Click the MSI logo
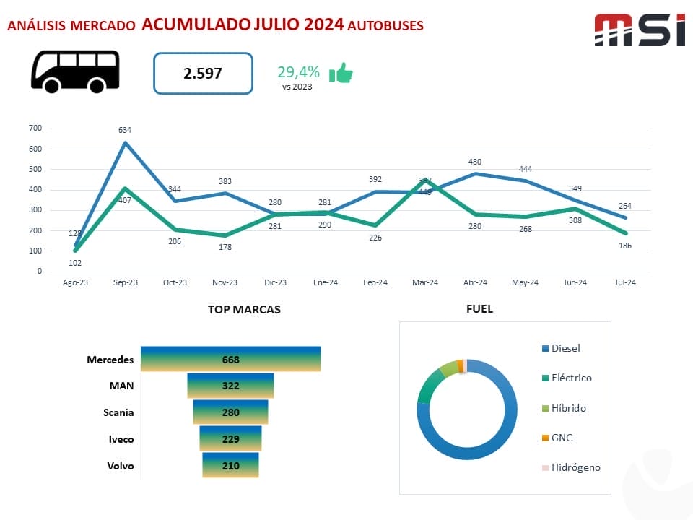[x=639, y=30]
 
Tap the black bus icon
[x=75, y=71]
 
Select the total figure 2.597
[x=203, y=73]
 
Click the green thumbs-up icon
[x=341, y=73]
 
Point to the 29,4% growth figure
[x=298, y=71]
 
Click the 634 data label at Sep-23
[x=125, y=130]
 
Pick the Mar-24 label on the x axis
[x=424, y=283]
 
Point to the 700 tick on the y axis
[x=35, y=129]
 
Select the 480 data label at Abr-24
[x=474, y=162]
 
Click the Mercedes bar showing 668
[x=230, y=359]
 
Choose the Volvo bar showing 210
[x=230, y=465]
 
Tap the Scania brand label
[x=118, y=412]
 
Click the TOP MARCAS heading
[x=244, y=309]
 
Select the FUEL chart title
[x=480, y=308]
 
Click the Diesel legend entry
[x=565, y=348]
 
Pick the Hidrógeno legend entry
[x=575, y=467]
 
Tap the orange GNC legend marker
[x=545, y=438]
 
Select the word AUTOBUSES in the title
[x=385, y=26]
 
